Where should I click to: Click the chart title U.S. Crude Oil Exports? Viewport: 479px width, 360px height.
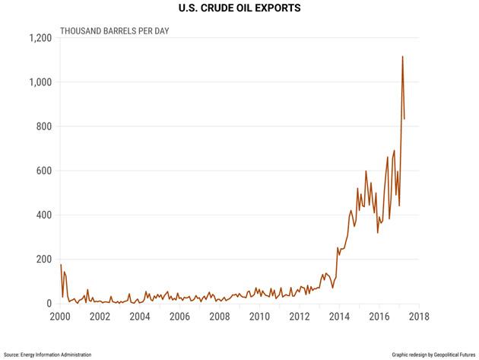(x=239, y=9)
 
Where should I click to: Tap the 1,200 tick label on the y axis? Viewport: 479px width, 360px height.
(x=42, y=37)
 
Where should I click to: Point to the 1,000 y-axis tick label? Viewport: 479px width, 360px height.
(x=42, y=82)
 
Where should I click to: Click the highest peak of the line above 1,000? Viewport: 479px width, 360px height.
(x=402, y=56)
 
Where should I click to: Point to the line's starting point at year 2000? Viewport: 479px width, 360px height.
(x=60, y=264)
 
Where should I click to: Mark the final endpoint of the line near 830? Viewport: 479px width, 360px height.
(x=404, y=119)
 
